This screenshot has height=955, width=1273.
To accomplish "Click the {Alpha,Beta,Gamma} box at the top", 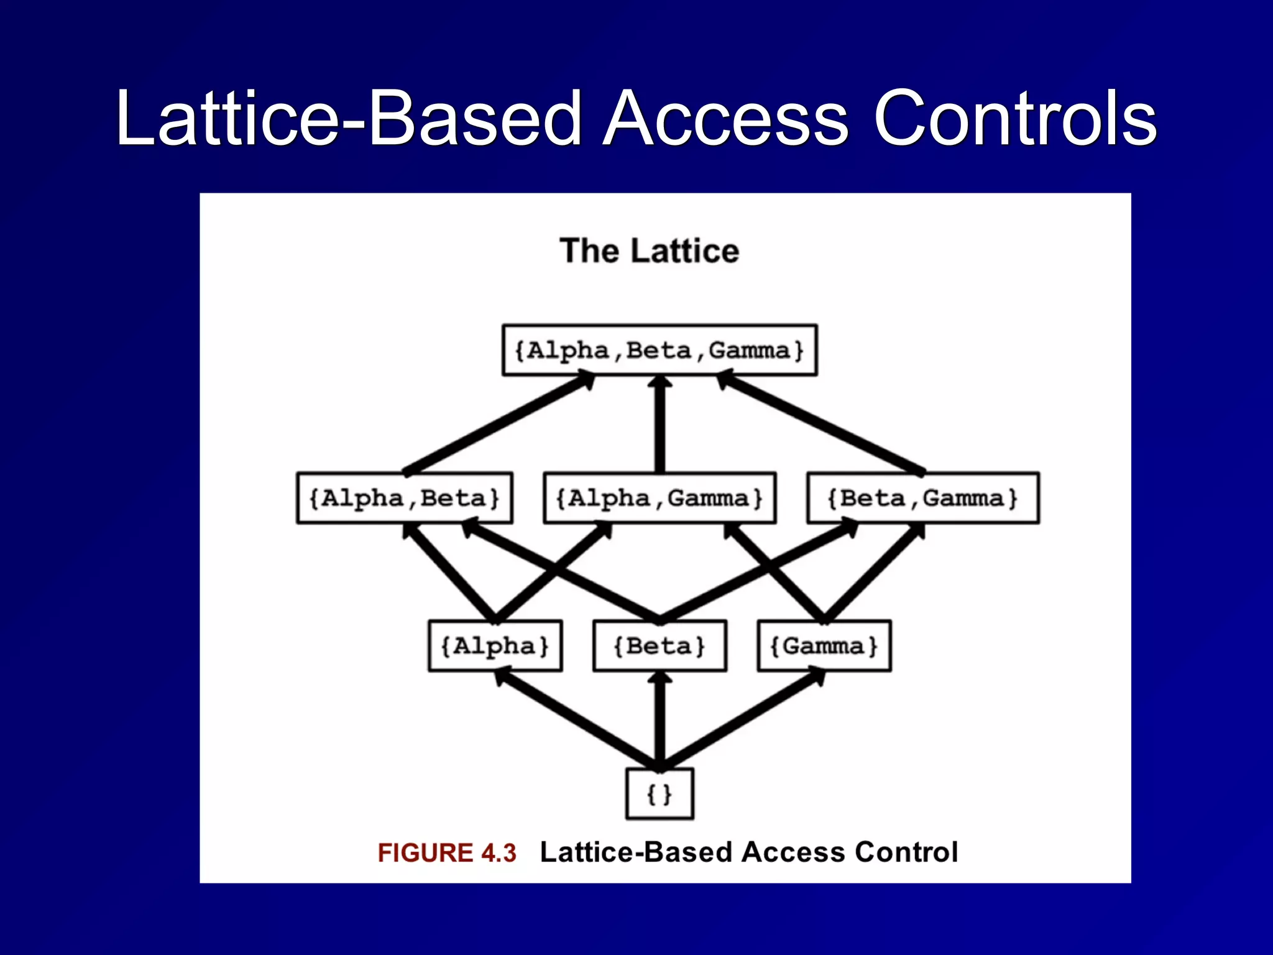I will (x=659, y=350).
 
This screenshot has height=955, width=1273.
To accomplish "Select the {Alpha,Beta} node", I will (x=405, y=498).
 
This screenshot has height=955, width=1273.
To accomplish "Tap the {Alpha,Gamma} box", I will (x=659, y=498).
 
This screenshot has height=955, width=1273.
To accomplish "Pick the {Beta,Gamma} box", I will (x=922, y=498).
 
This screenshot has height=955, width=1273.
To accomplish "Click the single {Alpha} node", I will (x=495, y=646).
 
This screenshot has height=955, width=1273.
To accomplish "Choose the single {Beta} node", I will (x=659, y=646).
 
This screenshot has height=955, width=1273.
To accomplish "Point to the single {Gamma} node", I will (x=824, y=646).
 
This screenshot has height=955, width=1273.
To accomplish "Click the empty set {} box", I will (x=659, y=794).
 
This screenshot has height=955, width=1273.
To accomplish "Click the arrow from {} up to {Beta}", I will (x=659, y=721).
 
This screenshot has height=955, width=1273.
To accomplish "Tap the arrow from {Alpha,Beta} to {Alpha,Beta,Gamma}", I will (x=497, y=425).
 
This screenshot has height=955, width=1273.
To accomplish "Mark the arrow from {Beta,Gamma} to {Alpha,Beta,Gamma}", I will (x=820, y=425).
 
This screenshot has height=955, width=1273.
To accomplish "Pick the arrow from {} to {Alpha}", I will (x=578, y=721).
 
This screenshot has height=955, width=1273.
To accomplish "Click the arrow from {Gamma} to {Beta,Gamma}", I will (x=873, y=573).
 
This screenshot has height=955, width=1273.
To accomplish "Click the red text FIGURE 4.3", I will (x=447, y=852).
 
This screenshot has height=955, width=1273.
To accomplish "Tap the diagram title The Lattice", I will (x=649, y=251).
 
